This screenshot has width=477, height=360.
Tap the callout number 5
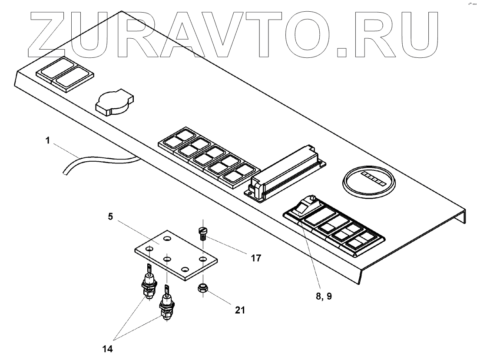111,216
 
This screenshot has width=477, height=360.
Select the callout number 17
255,258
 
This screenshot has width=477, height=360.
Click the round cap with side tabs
113,103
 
